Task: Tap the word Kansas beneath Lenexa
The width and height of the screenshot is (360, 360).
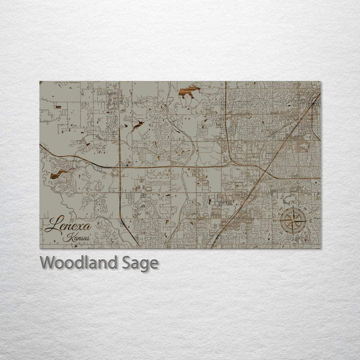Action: pyautogui.click(x=76, y=238)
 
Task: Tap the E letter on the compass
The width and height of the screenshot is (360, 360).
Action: pyautogui.click(x=310, y=220)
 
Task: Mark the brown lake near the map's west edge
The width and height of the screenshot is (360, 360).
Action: pyautogui.click(x=59, y=173)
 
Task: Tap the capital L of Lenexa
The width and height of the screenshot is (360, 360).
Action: pyautogui.click(x=50, y=225)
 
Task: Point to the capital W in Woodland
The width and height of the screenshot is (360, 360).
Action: pyautogui.click(x=47, y=262)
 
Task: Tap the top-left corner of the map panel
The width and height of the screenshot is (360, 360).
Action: pyautogui.click(x=40, y=81)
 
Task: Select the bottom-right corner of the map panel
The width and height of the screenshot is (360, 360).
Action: pyautogui.click(x=320, y=248)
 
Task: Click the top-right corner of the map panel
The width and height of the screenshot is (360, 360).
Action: pyautogui.click(x=320, y=81)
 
